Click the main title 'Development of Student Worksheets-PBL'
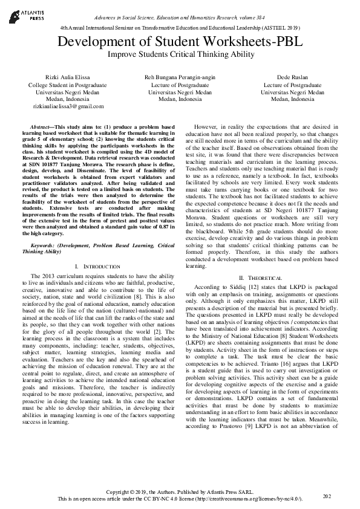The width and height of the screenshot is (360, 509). [179, 42]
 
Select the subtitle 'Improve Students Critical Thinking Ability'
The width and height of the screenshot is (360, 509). [179, 54]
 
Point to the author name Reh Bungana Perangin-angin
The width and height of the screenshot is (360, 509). [179, 79]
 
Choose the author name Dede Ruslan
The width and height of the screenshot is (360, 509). [293, 79]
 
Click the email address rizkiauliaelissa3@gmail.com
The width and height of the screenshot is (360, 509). [64, 106]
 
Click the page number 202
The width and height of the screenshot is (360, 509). [327, 496]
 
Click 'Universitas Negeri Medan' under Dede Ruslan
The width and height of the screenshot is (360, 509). [293, 92]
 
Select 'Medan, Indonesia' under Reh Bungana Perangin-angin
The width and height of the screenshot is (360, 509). [179, 99]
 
